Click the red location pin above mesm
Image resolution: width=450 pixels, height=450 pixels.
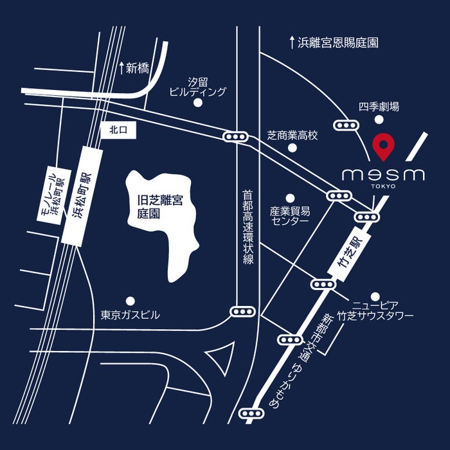point(384,145)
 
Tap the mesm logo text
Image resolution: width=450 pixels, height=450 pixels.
point(383,175)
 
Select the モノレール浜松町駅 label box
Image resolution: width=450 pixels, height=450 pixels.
point(50,194)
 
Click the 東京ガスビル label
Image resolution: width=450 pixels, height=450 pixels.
point(130,316)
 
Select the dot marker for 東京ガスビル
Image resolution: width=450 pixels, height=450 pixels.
point(130,300)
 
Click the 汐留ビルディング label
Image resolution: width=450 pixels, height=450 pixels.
point(198,87)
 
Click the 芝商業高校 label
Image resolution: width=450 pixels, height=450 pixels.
point(292,136)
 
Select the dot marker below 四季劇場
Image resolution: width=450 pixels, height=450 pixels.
point(381,119)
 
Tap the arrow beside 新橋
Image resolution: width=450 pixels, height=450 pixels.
point(121,67)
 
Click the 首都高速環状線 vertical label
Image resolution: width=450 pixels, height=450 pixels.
point(248,226)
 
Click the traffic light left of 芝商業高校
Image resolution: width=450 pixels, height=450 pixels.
point(235,136)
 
